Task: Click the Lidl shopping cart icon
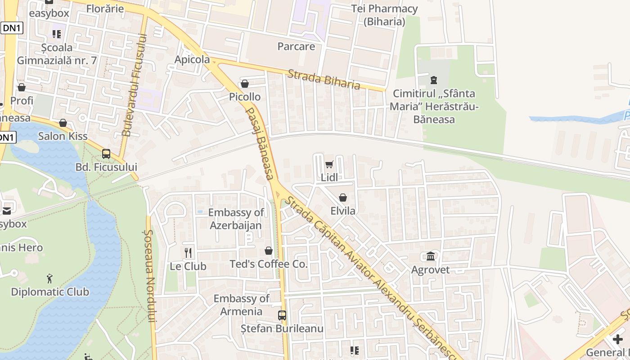click(329, 164)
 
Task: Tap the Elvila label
click(343, 211)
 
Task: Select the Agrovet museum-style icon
click(431, 256)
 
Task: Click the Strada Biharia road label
click(324, 79)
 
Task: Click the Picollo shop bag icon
click(245, 84)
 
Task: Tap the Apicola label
click(192, 59)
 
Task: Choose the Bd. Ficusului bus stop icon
click(106, 153)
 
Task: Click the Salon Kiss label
click(63, 136)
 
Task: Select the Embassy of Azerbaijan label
click(236, 219)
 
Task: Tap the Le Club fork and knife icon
click(188, 253)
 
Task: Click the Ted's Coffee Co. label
click(269, 264)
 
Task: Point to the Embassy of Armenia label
click(242, 305)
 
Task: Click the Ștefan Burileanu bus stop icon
click(282, 315)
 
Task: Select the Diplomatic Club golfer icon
click(49, 279)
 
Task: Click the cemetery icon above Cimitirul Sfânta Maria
click(433, 80)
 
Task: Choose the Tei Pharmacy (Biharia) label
click(384, 15)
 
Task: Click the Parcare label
click(296, 46)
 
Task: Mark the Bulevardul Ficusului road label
click(134, 85)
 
